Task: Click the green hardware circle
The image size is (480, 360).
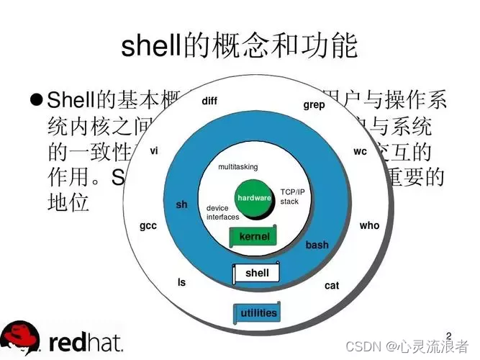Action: click(x=254, y=197)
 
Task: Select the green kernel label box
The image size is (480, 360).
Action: click(x=254, y=237)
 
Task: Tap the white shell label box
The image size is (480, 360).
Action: click(x=256, y=274)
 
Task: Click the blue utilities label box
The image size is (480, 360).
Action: click(x=258, y=313)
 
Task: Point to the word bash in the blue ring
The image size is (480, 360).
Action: click(x=317, y=245)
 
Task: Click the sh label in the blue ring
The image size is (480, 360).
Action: click(x=181, y=204)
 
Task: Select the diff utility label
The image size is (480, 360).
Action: click(x=209, y=101)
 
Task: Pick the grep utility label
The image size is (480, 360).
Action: click(x=314, y=105)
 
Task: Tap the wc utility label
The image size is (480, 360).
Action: click(x=360, y=152)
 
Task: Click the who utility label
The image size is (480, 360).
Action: click(x=369, y=225)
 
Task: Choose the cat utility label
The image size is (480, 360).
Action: click(x=331, y=286)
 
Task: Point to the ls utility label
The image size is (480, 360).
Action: click(x=181, y=282)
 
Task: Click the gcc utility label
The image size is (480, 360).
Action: click(x=148, y=225)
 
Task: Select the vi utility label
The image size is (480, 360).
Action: click(x=154, y=152)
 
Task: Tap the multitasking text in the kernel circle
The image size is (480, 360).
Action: click(x=237, y=167)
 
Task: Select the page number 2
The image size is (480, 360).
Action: click(x=450, y=335)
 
